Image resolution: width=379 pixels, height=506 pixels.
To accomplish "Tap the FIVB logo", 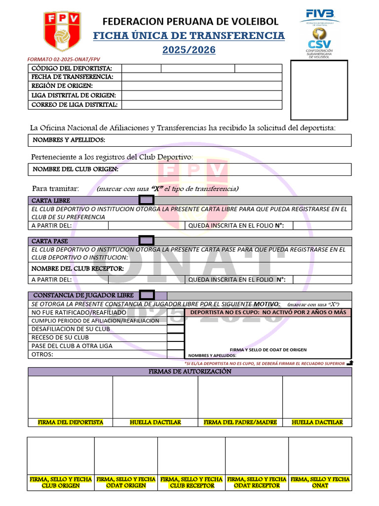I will (x=320, y=15).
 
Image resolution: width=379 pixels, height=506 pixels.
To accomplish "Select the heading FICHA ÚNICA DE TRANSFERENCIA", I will (x=189, y=36).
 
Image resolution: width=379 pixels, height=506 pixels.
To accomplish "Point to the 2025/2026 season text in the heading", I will (x=189, y=50).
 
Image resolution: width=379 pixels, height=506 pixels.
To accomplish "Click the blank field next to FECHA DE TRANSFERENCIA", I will (x=201, y=77).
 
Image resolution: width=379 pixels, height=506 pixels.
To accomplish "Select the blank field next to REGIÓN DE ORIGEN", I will (x=201, y=86).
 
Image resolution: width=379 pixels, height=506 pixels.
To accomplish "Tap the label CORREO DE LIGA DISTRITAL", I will (x=75, y=105).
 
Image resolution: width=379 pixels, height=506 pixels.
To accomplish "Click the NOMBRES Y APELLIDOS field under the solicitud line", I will (x=189, y=140).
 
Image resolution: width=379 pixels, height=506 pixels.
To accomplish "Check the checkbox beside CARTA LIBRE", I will (x=147, y=200).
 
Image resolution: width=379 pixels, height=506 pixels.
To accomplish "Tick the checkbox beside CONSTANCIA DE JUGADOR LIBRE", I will (x=147, y=295).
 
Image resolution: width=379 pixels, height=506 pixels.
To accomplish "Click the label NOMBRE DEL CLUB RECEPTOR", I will (x=77, y=268).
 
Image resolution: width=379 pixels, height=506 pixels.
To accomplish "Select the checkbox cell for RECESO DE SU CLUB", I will (x=175, y=337).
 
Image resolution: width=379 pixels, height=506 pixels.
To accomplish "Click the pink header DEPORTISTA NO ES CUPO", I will (x=268, y=313).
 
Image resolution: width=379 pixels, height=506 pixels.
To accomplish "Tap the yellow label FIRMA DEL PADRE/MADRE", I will (x=240, y=422).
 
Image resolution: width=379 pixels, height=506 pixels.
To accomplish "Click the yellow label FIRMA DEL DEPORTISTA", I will (x=71, y=422).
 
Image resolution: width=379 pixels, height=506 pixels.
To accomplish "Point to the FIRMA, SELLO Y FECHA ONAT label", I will (x=320, y=482).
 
